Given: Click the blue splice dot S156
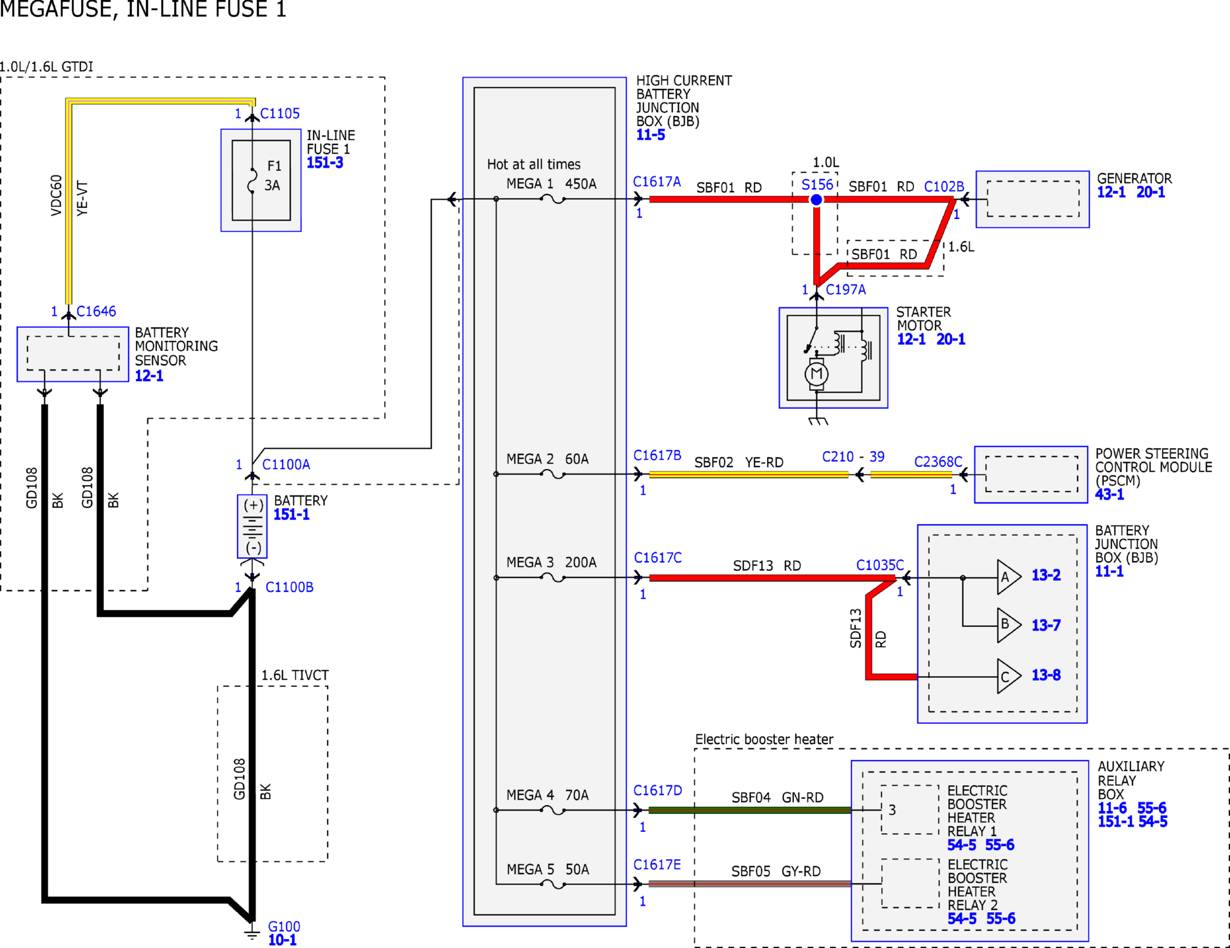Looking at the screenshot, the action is [816, 200].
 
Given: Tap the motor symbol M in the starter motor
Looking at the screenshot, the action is [817, 374].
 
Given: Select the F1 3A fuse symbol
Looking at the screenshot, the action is [252, 180].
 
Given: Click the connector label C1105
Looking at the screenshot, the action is [280, 113].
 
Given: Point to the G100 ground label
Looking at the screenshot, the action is [284, 926].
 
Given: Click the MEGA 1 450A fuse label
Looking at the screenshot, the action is [551, 184].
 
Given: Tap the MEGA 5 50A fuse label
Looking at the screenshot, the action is [547, 869].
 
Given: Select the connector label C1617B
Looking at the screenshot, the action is [657, 456].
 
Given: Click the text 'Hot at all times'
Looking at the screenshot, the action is [534, 164].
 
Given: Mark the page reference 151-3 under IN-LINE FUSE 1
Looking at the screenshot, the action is [325, 163].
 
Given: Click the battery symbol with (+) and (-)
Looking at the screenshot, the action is [252, 526].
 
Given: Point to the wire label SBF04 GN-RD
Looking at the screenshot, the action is [777, 797].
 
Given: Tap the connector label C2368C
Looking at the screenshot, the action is [938, 462].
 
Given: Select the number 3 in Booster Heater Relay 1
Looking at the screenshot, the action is [892, 810].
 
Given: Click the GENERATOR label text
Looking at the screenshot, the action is [1134, 178].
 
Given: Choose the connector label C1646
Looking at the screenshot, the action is [96, 311].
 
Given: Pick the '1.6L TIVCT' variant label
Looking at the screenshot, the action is [295, 675].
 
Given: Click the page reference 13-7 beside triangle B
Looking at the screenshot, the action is [1046, 625].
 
